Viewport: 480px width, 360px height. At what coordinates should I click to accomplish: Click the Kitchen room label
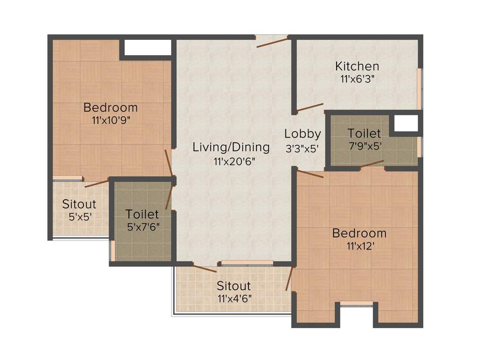click(x=357, y=66)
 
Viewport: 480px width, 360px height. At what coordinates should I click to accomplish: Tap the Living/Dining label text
click(x=231, y=147)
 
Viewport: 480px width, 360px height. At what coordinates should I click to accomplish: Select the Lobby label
click(x=302, y=134)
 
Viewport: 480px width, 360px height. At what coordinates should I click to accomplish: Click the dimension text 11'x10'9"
click(x=111, y=120)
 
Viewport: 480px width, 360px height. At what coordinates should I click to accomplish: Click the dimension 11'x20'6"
click(x=231, y=161)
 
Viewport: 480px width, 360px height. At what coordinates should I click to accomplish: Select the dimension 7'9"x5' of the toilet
click(x=364, y=146)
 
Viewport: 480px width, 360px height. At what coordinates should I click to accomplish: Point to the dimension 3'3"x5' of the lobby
click(x=302, y=148)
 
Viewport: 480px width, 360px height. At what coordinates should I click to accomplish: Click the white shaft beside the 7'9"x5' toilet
click(x=406, y=124)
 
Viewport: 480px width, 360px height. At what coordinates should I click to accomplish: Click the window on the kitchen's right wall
click(x=420, y=89)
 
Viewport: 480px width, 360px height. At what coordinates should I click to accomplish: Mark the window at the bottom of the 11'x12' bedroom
click(x=356, y=304)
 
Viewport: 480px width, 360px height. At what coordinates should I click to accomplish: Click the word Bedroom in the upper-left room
click(x=111, y=107)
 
